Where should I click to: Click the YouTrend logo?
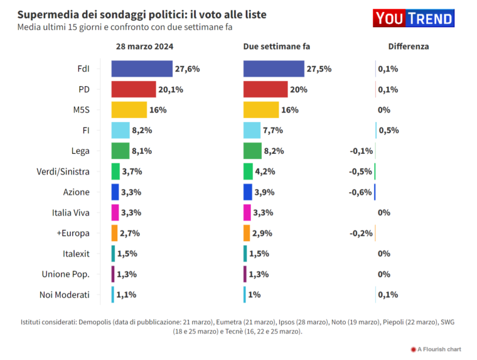(413, 18)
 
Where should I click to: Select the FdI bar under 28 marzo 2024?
(142, 69)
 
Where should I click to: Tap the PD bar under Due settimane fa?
(265, 89)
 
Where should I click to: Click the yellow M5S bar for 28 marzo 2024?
(129, 110)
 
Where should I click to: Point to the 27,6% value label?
(188, 69)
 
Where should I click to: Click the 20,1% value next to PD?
(171, 89)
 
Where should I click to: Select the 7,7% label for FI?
(273, 131)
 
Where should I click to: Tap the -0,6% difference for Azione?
(360, 192)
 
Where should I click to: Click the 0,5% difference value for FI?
(389, 131)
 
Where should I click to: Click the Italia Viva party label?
(70, 212)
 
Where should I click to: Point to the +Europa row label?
(73, 233)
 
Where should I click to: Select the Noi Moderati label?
(66, 295)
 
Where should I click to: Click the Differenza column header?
(409, 46)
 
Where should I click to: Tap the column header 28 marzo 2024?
(145, 46)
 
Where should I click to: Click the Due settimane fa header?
(277, 46)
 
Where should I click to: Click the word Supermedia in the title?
(45, 14)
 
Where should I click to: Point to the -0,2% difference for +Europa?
(360, 233)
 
